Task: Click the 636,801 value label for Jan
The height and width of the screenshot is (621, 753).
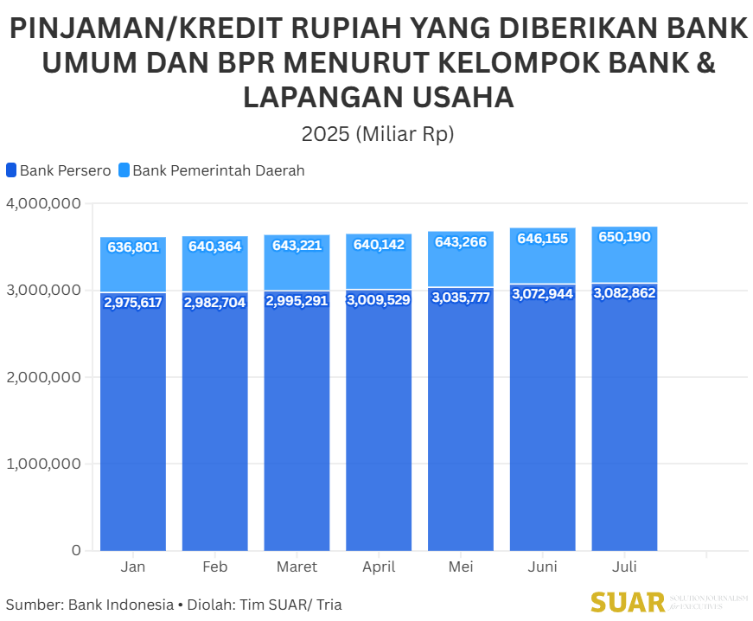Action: [x=133, y=247]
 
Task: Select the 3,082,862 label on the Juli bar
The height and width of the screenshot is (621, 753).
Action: [x=624, y=293]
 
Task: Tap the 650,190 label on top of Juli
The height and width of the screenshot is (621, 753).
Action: [x=624, y=237]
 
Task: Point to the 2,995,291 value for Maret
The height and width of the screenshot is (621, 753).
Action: [x=297, y=301]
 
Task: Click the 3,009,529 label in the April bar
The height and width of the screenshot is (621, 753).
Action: [x=379, y=300]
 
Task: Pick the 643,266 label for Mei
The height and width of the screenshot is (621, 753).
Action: [x=461, y=242]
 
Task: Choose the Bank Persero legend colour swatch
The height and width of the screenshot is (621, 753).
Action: [x=11, y=170]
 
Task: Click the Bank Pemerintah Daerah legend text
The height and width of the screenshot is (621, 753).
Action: [x=218, y=170]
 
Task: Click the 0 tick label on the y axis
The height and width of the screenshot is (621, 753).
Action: [x=76, y=550]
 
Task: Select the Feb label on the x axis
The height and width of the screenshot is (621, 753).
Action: [x=214, y=567]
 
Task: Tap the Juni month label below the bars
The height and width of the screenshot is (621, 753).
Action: [x=542, y=567]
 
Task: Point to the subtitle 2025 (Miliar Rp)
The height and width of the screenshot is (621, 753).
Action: [x=377, y=134]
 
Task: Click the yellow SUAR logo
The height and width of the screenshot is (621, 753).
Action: [x=628, y=602]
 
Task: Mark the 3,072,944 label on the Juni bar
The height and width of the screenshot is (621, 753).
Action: [x=542, y=294]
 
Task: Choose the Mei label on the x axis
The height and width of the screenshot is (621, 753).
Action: [x=461, y=567]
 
